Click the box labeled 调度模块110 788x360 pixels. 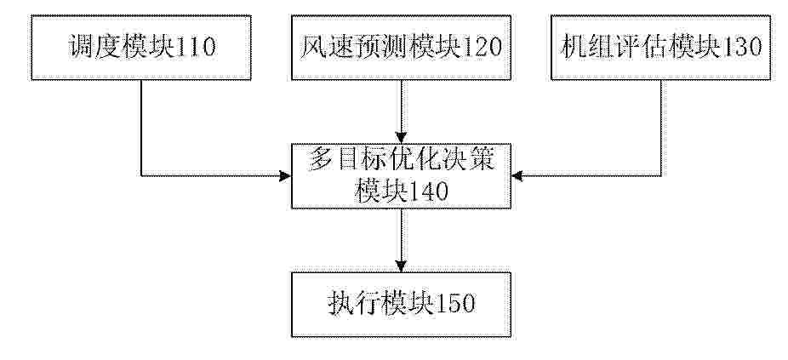(140, 48)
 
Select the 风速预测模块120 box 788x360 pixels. (401, 48)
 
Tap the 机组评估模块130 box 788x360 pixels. (661, 48)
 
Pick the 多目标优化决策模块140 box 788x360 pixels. (401, 176)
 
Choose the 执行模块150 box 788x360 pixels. (401, 305)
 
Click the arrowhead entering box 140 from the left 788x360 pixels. (285, 176)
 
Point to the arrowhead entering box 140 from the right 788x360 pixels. (517, 176)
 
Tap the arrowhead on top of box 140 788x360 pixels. (401, 138)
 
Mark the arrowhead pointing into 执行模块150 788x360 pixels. (401, 266)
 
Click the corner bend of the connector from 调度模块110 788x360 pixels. (141, 176)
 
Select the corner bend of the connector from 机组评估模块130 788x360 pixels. (661, 176)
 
